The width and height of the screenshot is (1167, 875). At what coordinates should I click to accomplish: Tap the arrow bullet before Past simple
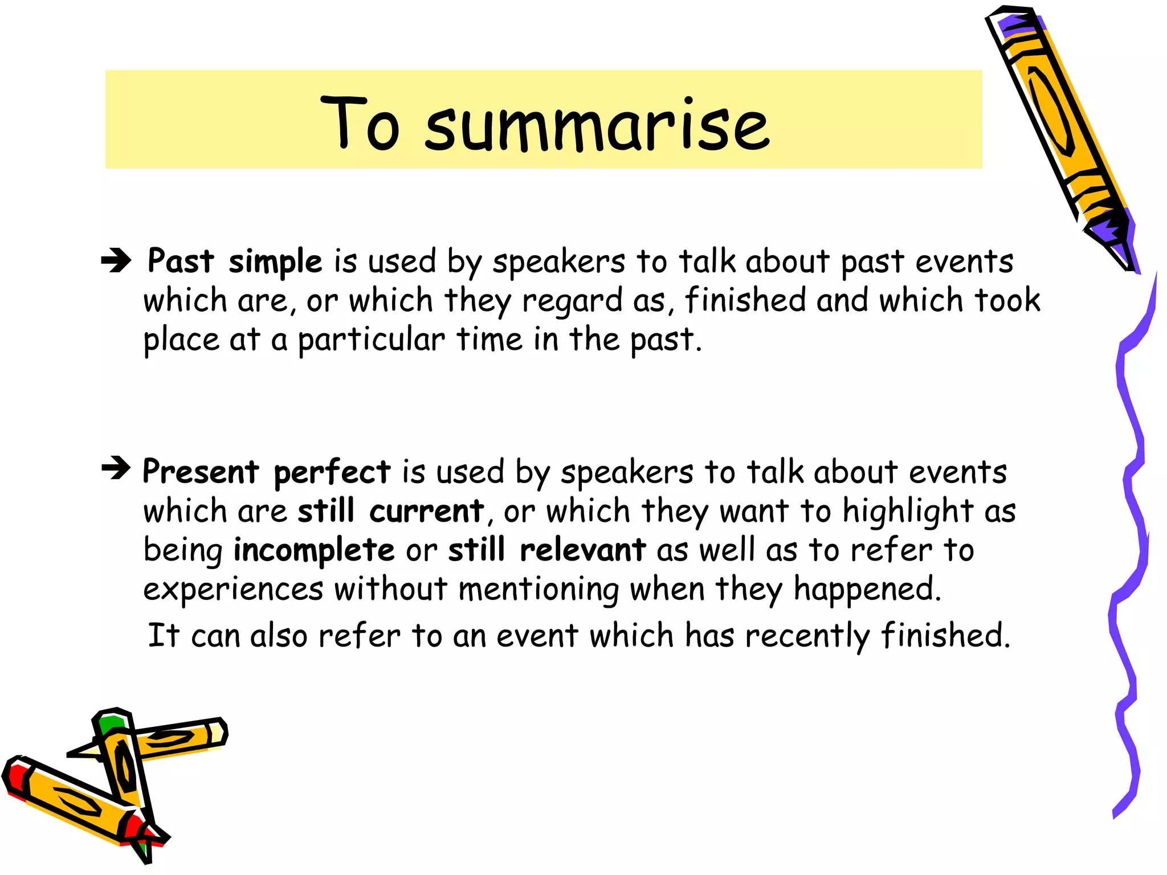116,261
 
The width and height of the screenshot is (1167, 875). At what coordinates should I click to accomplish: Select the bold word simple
275,262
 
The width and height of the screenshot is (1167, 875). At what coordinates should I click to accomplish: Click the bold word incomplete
314,550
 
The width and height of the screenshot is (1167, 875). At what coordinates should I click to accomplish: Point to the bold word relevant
582,550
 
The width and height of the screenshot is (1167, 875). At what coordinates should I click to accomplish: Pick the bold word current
426,511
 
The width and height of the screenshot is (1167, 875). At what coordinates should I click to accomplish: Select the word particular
371,341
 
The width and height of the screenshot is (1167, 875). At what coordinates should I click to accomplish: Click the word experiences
233,589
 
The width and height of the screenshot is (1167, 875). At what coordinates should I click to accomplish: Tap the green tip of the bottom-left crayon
109,723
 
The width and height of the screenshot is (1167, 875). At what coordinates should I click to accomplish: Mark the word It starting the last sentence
164,635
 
